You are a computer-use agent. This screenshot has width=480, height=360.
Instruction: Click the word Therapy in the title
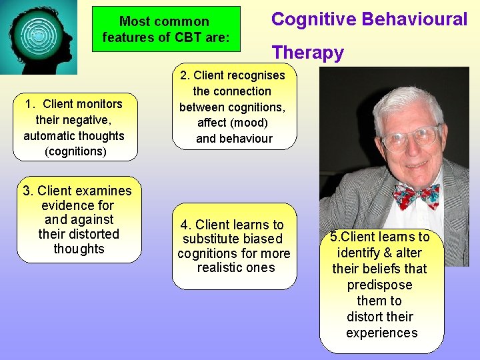[x=307, y=53]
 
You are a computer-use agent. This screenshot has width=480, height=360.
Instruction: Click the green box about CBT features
[x=166, y=29]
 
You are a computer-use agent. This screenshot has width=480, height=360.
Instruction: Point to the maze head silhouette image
[x=39, y=37]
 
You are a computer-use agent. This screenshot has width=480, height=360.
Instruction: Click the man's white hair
[x=400, y=100]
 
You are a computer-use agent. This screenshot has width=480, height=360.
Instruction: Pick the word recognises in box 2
[x=255, y=75]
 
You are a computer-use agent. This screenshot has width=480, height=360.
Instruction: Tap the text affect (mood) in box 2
[x=232, y=123]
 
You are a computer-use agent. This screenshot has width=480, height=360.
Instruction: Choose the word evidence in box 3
[x=77, y=206]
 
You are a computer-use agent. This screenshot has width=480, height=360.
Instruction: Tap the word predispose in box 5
[x=379, y=285]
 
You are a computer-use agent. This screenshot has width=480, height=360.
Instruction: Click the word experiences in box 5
[x=381, y=333]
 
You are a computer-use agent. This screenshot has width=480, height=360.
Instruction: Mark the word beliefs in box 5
[x=379, y=269]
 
